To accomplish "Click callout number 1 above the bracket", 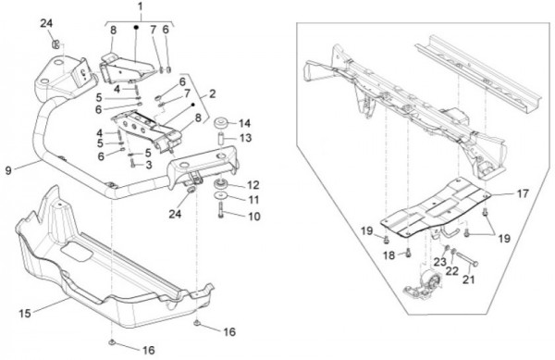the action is pos(141,6).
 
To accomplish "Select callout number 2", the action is pos(213,94).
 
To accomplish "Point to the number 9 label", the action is pos(8,170).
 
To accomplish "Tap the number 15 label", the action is pos(25,314).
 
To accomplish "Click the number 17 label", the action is pos(523,193).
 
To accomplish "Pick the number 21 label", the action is pos(469,279).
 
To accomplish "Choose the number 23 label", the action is pos(440,262).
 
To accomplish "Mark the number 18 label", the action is pos(389,254).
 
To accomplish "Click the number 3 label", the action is pos(149,165).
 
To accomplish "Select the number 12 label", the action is pos(253,185).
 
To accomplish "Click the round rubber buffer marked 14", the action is pos(221,124).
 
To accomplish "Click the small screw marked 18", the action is pos(409,254).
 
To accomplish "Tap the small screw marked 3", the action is pos(133,164).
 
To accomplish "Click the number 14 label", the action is pos(244,123).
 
